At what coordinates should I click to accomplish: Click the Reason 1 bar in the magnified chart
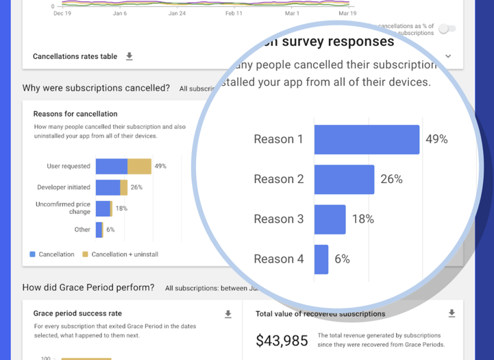point(367,139)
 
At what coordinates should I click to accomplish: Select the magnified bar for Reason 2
point(344,179)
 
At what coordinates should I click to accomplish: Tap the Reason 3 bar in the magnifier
point(330,219)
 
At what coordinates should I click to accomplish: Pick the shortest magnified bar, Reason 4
point(321,259)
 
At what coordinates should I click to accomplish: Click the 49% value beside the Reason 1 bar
point(436,139)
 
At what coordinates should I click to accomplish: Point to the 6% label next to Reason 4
point(342,259)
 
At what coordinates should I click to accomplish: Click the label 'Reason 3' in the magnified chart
point(278,219)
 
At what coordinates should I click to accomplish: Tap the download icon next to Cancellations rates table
point(129,56)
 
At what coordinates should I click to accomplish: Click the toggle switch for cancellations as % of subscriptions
point(447,29)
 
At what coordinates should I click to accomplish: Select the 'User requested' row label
point(69,166)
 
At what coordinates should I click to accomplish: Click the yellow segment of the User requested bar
point(139,166)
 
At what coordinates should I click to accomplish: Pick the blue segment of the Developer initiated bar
point(108,187)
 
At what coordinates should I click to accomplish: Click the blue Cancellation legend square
point(32,254)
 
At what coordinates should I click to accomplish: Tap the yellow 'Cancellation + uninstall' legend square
point(85,254)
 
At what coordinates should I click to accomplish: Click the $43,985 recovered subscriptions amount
point(281,340)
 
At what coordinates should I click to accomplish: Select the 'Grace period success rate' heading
point(77,313)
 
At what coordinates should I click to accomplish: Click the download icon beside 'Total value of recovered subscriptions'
point(452,313)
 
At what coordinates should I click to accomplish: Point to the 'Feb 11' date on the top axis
point(234,13)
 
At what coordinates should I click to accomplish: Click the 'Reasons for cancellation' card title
point(75,114)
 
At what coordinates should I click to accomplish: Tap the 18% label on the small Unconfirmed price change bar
point(121,208)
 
